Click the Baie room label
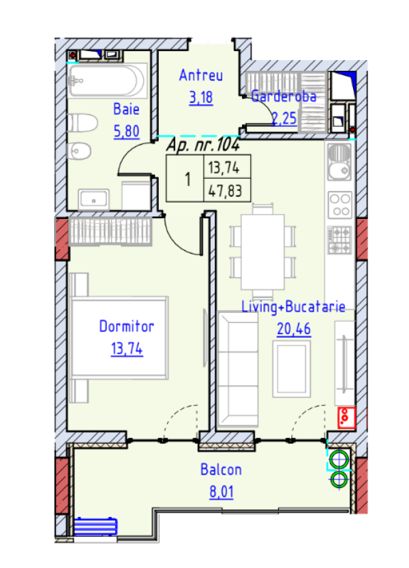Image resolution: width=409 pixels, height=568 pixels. (x=125, y=108)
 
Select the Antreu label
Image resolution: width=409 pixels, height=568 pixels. (x=200, y=76)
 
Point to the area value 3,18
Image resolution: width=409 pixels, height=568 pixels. (x=201, y=97)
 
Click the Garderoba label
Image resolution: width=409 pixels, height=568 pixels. (x=284, y=97)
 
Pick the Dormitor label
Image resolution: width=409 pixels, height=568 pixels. (x=127, y=327)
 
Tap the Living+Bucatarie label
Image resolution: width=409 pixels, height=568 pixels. (x=294, y=308)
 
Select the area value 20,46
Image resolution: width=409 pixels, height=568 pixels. (x=294, y=329)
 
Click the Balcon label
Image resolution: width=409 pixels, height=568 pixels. (x=221, y=470)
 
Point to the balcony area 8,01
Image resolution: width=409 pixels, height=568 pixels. (x=221, y=492)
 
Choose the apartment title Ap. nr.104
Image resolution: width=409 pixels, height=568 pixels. (x=202, y=144)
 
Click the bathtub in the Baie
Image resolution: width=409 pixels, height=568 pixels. (x=108, y=81)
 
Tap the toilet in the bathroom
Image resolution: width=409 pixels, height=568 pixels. (x=80, y=123)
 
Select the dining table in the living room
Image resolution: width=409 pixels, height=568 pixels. (x=263, y=251)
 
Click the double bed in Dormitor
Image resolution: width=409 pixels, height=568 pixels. (x=119, y=338)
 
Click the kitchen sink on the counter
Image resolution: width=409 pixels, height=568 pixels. (x=338, y=162)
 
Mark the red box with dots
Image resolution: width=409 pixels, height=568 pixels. (x=346, y=416)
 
